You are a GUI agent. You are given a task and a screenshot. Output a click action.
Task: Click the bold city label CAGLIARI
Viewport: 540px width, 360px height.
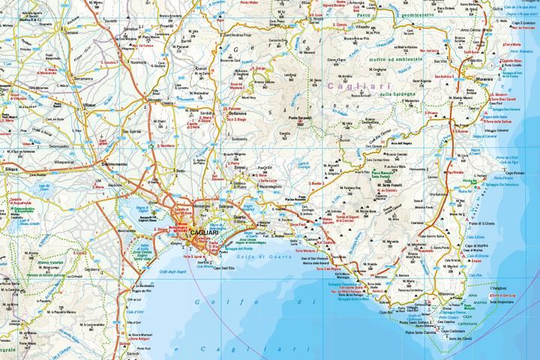204,234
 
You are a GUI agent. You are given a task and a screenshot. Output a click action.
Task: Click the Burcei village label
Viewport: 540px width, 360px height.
346,139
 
